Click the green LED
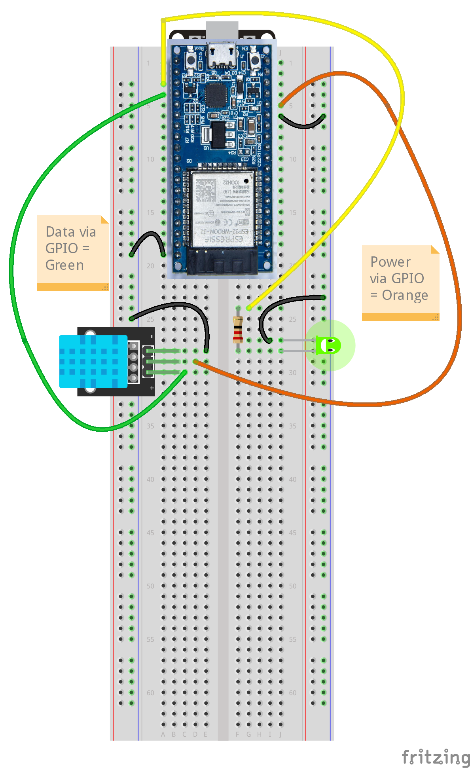pyautogui.click(x=328, y=345)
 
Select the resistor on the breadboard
pyautogui.click(x=238, y=329)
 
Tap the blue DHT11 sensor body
pyautogui.click(x=93, y=361)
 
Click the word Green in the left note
pyautogui.click(x=64, y=265)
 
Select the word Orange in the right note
pyautogui.click(x=405, y=295)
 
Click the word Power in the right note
pyautogui.click(x=390, y=262)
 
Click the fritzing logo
pyautogui.click(x=436, y=757)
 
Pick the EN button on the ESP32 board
pyautogui.click(x=255, y=60)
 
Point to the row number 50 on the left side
pyautogui.click(x=150, y=586)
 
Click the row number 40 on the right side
pyautogui.click(x=292, y=480)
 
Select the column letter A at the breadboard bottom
pyautogui.click(x=163, y=734)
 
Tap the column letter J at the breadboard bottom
pyautogui.click(x=280, y=734)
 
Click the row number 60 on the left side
pyautogui.click(x=150, y=693)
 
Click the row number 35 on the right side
pyautogui.click(x=292, y=426)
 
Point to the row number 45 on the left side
pyautogui.click(x=150, y=533)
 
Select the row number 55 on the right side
pyautogui.click(x=292, y=639)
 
